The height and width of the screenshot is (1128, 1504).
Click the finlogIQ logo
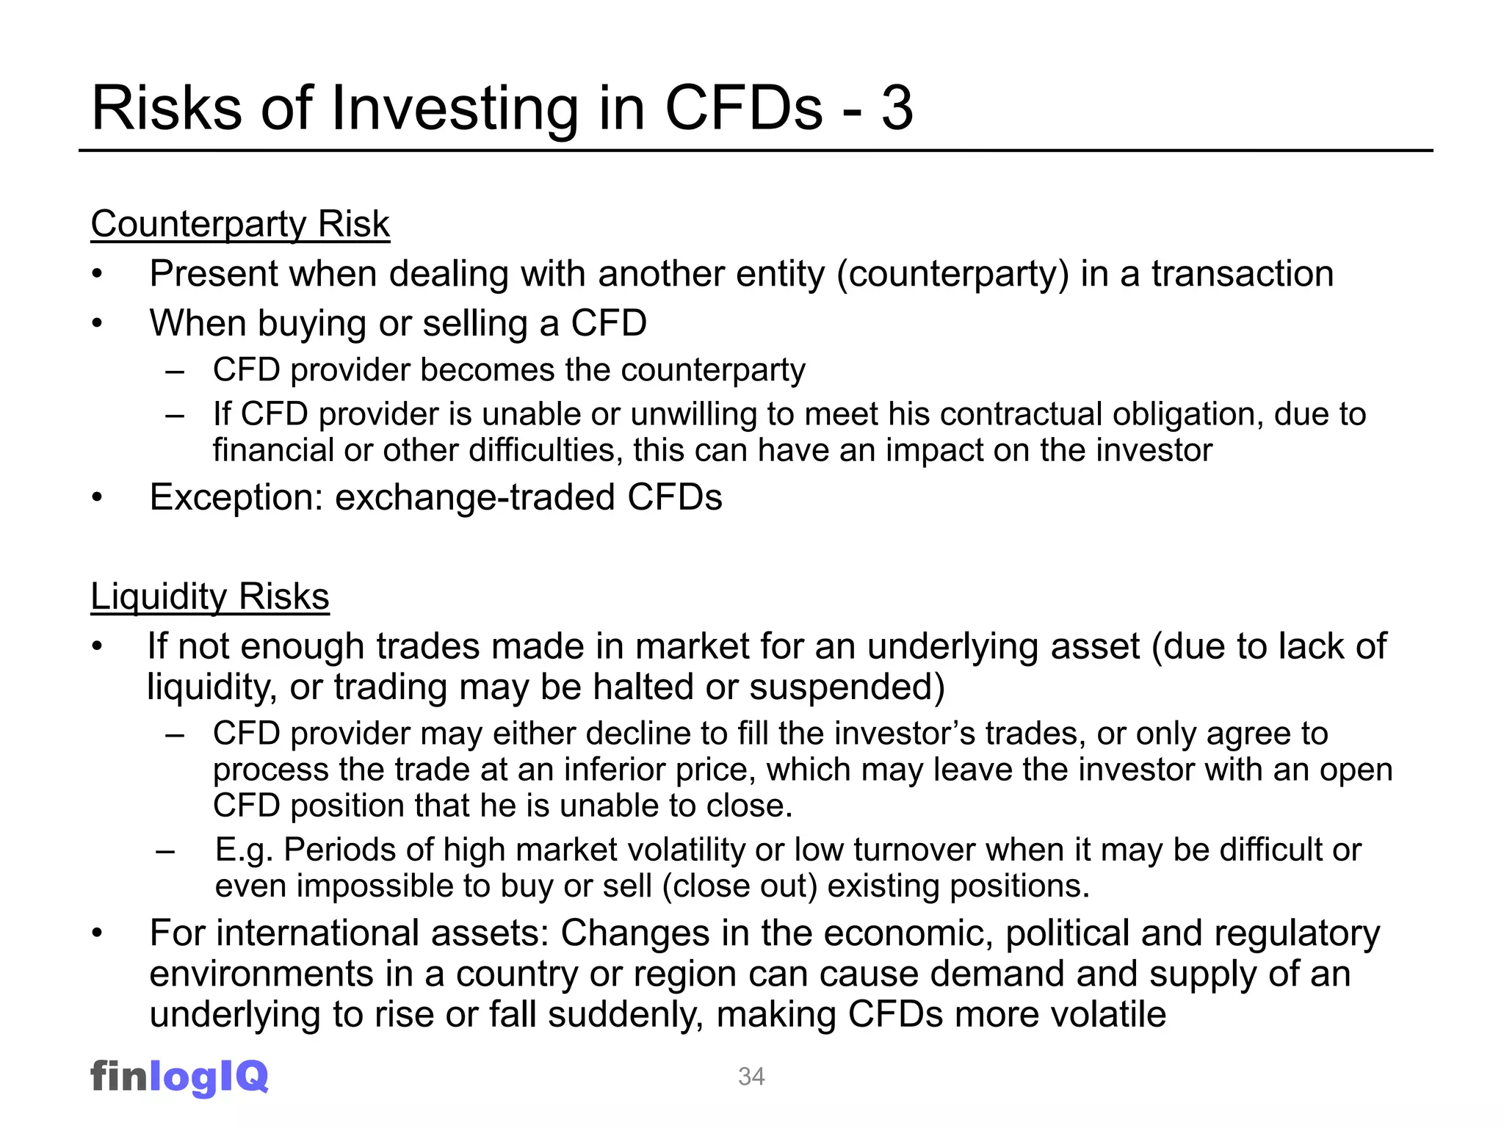tap(179, 1077)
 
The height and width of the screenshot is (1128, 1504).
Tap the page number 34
tap(751, 1077)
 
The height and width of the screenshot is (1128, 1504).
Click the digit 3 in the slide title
tap(897, 109)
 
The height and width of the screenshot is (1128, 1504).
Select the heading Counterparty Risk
tap(240, 224)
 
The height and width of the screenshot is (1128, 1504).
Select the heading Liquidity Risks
tap(210, 596)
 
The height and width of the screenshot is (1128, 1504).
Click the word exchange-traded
tap(475, 497)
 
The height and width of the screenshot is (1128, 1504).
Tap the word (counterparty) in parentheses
tap(952, 275)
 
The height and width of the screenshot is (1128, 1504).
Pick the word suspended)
tap(847, 687)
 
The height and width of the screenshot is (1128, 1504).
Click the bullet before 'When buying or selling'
tap(97, 324)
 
